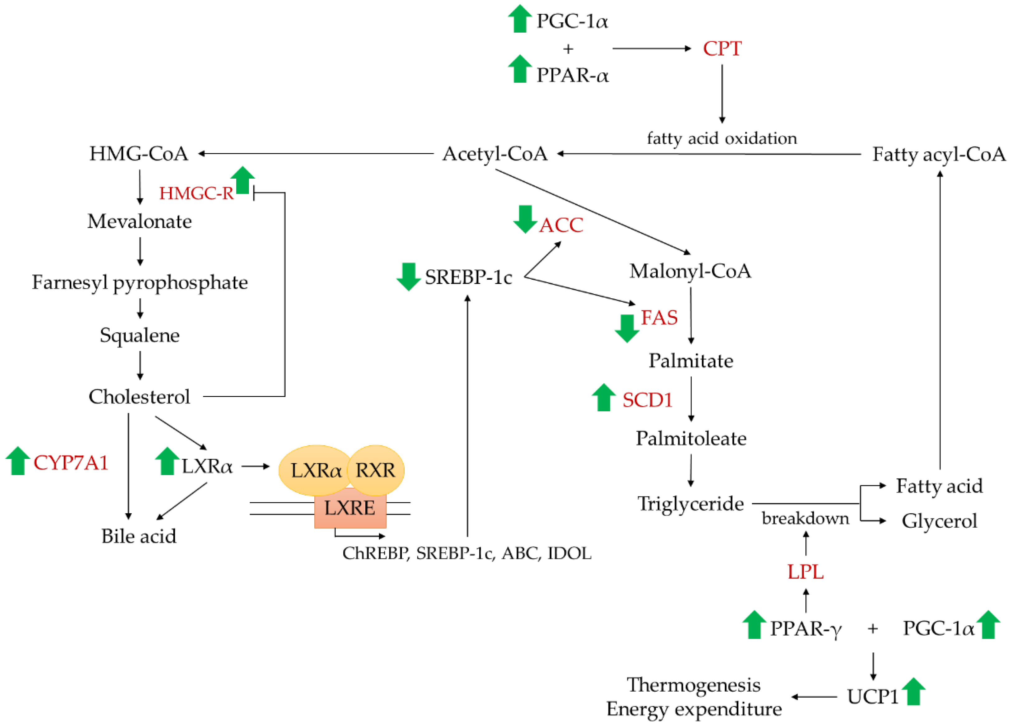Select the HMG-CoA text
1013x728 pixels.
point(138,154)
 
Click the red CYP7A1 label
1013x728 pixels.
point(71,463)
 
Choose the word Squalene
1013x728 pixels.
point(139,335)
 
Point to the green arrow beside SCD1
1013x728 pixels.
point(603,398)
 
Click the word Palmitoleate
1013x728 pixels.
point(691,439)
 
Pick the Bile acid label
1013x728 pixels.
point(138,536)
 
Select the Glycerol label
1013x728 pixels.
point(939,521)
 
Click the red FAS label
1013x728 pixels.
point(659,318)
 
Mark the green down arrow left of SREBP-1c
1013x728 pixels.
point(408,277)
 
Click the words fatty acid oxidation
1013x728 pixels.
point(721,138)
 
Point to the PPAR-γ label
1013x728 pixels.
point(805,629)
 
